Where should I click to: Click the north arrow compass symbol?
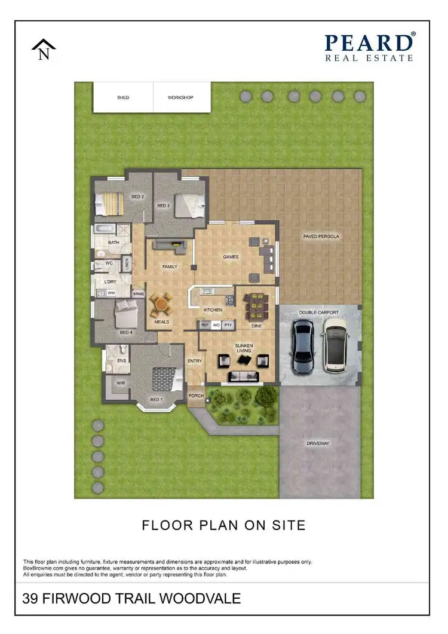pos(44,49)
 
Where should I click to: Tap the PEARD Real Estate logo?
pos(369,47)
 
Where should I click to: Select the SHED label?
pos(122,97)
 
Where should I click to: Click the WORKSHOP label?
pos(180,97)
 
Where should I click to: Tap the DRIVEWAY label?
pos(318,443)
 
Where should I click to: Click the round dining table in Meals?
pos(161,305)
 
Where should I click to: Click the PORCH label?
pos(195,396)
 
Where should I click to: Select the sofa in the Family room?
pos(170,244)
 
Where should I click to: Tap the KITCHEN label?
pos(213,310)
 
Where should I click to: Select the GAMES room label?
pos(231,257)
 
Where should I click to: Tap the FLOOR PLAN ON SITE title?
pos(223,525)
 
